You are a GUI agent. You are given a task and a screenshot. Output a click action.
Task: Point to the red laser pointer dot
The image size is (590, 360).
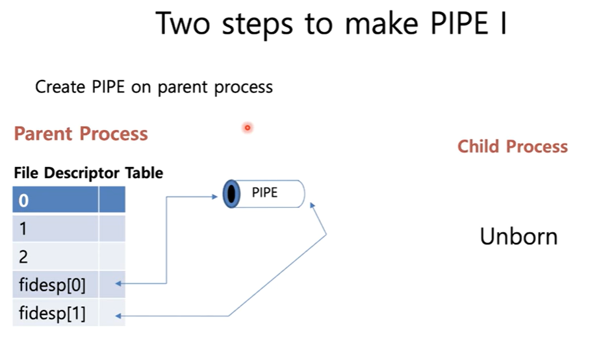pyautogui.click(x=247, y=127)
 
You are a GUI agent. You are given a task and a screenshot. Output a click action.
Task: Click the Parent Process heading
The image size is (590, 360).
pyautogui.click(x=81, y=134)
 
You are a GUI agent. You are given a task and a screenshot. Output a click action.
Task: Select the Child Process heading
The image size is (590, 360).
pyautogui.click(x=512, y=146)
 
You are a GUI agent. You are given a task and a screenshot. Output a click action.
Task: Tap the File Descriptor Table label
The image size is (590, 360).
pyautogui.click(x=88, y=173)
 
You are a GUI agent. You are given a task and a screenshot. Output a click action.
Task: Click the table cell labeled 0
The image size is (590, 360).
pyautogui.click(x=55, y=199)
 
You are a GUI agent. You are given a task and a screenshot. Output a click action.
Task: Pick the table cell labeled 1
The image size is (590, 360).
pyautogui.click(x=55, y=228)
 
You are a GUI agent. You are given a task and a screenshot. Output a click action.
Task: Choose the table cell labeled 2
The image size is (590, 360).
pyautogui.click(x=55, y=256)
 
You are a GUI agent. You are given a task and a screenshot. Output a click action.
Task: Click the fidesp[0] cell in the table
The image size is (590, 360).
pyautogui.click(x=55, y=285)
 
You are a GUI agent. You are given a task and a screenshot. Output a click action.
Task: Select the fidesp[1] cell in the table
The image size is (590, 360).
pyautogui.click(x=55, y=314)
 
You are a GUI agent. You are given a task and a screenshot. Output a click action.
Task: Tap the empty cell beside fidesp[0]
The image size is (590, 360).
pyautogui.click(x=111, y=285)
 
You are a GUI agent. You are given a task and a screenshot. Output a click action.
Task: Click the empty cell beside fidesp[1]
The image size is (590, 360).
pyautogui.click(x=111, y=314)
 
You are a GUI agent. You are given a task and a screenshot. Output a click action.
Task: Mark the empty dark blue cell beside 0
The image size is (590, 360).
pyautogui.click(x=111, y=199)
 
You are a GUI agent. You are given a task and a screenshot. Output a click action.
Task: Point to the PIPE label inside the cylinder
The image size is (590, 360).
pyautogui.click(x=264, y=192)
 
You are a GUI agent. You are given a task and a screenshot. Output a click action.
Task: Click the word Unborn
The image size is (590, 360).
pyautogui.click(x=519, y=237)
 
